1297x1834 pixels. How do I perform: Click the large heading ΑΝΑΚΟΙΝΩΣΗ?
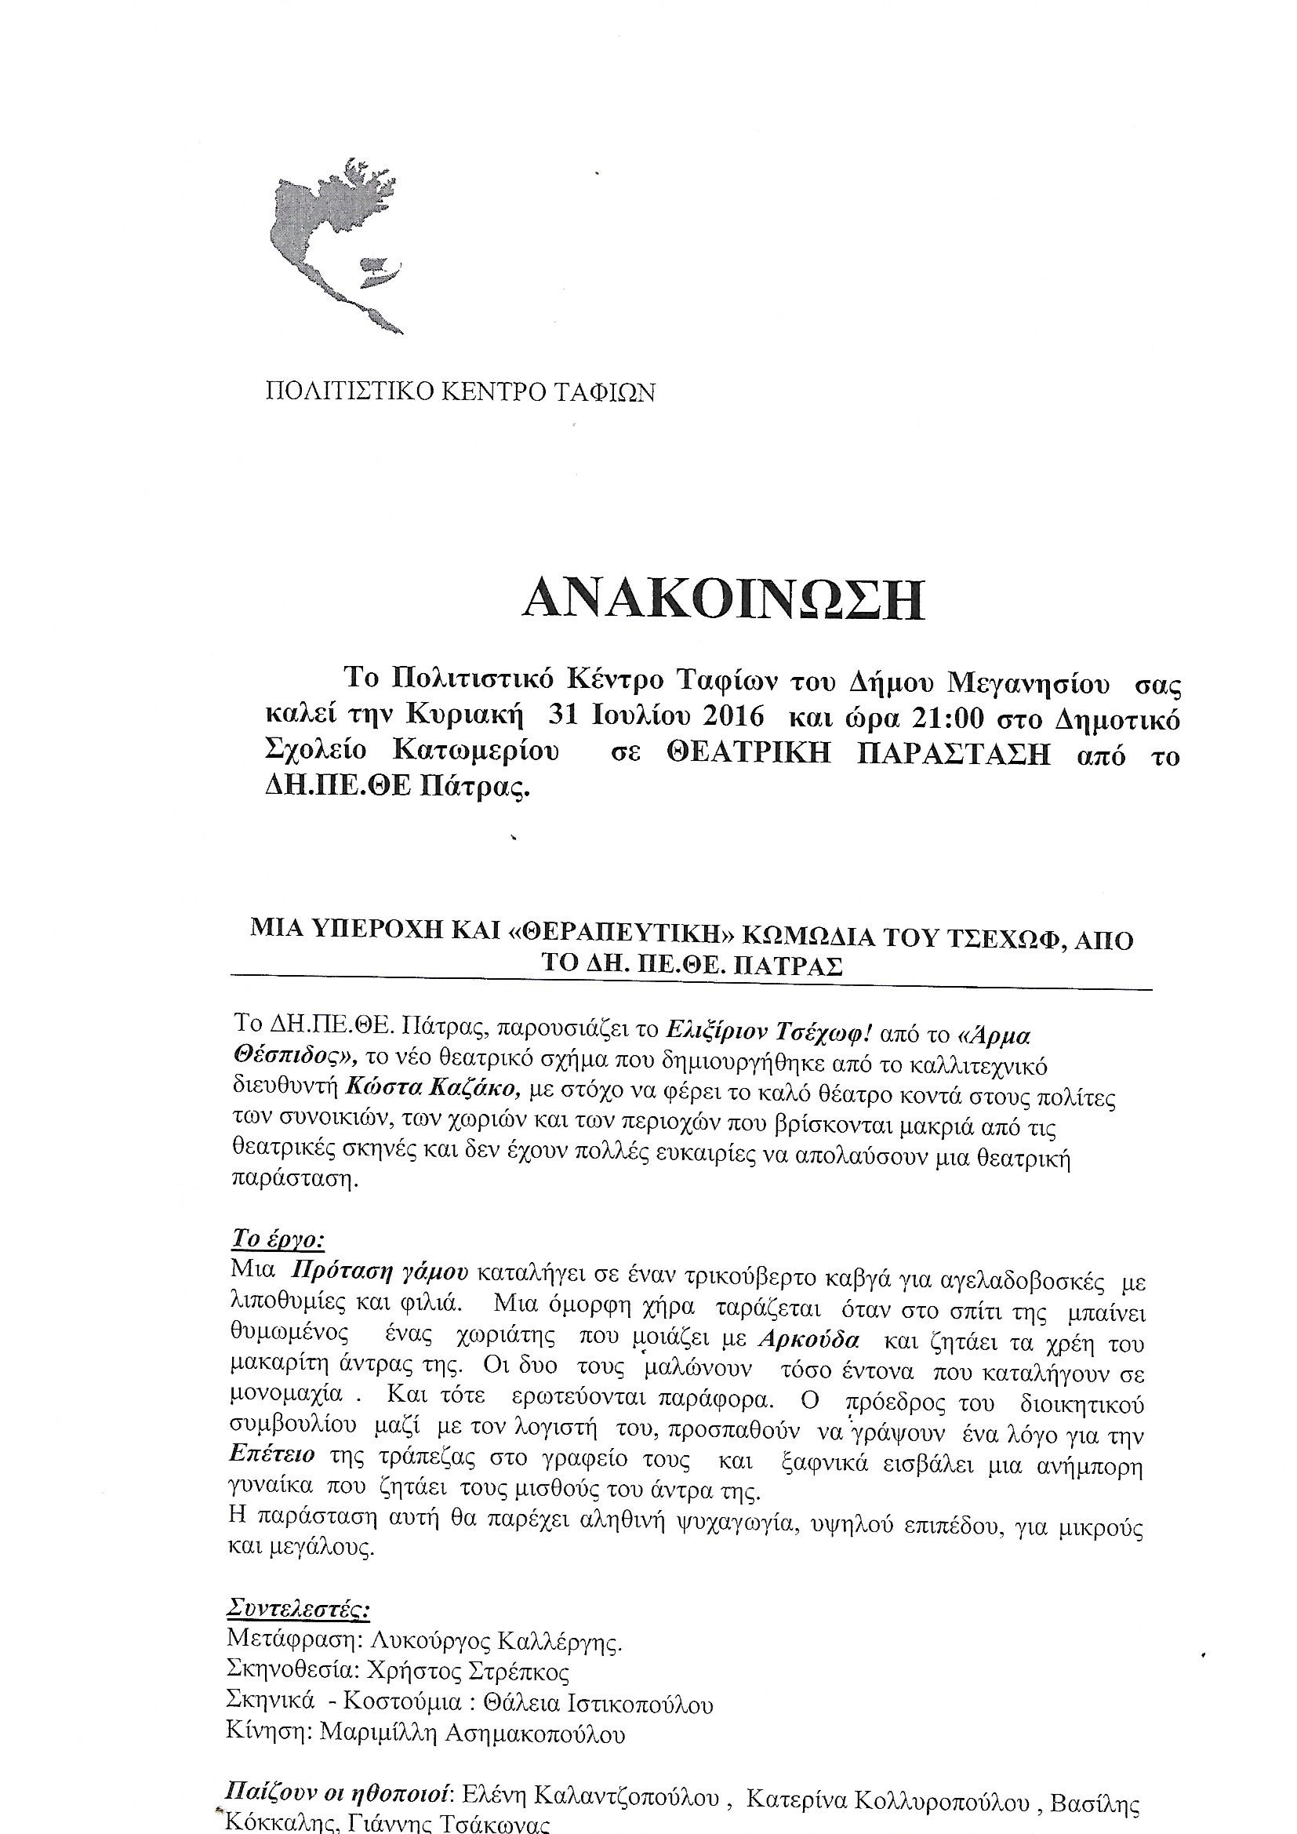723,601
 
